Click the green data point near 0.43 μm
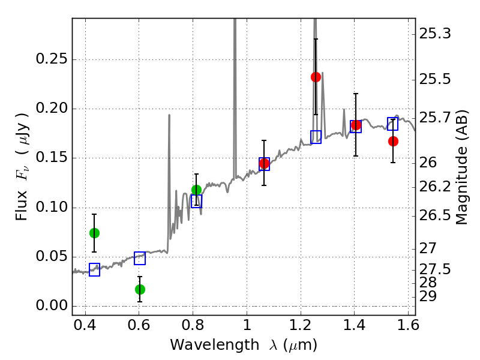coord(94,233)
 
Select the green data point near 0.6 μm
coord(140,289)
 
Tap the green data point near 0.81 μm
coord(197,190)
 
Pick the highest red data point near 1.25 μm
coord(316,77)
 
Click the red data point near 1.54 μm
coord(393,141)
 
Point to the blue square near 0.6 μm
coord(140,259)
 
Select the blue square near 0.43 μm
coord(94,269)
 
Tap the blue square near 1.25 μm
coord(316,137)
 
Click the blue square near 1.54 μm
coord(392,124)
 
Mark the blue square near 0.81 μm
coord(197,201)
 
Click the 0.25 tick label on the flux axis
coord(51,58)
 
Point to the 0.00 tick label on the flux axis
coord(51,305)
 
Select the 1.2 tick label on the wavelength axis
coord(301,325)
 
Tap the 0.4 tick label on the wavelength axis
coord(85,325)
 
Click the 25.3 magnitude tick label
coord(434,34)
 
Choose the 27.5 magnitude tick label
coord(434,269)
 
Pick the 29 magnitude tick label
coord(428,296)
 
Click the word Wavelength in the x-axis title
coord(215,345)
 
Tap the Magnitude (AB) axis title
coord(461,167)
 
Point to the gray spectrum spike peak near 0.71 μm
coord(169,115)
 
